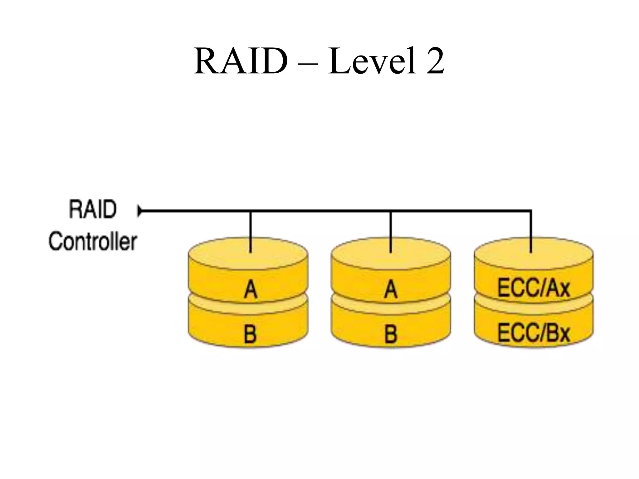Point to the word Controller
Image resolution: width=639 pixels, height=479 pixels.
tap(93, 241)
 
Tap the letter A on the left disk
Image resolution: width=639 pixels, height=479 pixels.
tap(250, 289)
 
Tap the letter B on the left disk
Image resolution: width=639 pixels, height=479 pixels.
tap(250, 334)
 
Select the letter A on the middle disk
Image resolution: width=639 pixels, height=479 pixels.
tap(391, 289)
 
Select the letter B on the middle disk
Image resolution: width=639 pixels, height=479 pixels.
tap(391, 334)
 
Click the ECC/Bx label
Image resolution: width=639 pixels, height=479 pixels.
tap(534, 333)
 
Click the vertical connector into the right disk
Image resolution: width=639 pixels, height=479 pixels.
tap(531, 232)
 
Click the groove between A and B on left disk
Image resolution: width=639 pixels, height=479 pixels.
tap(248, 307)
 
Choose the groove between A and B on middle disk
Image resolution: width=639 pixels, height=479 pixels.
tap(391, 307)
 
